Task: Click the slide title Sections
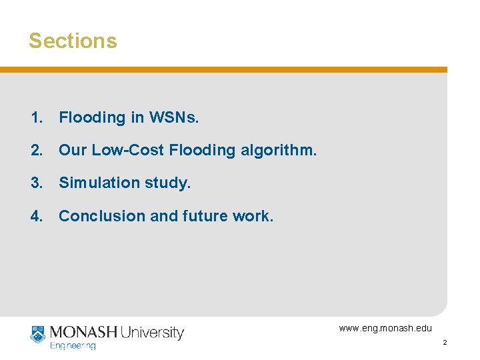tap(73, 41)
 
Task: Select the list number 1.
tap(36, 118)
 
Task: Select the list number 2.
tap(36, 151)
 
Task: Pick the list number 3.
tap(36, 183)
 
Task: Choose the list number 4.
tap(36, 216)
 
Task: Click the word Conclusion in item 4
tap(100, 216)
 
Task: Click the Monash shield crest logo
tap(37, 334)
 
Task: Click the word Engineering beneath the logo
tap(73, 346)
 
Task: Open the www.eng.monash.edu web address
tap(385, 328)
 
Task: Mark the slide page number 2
tap(444, 343)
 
